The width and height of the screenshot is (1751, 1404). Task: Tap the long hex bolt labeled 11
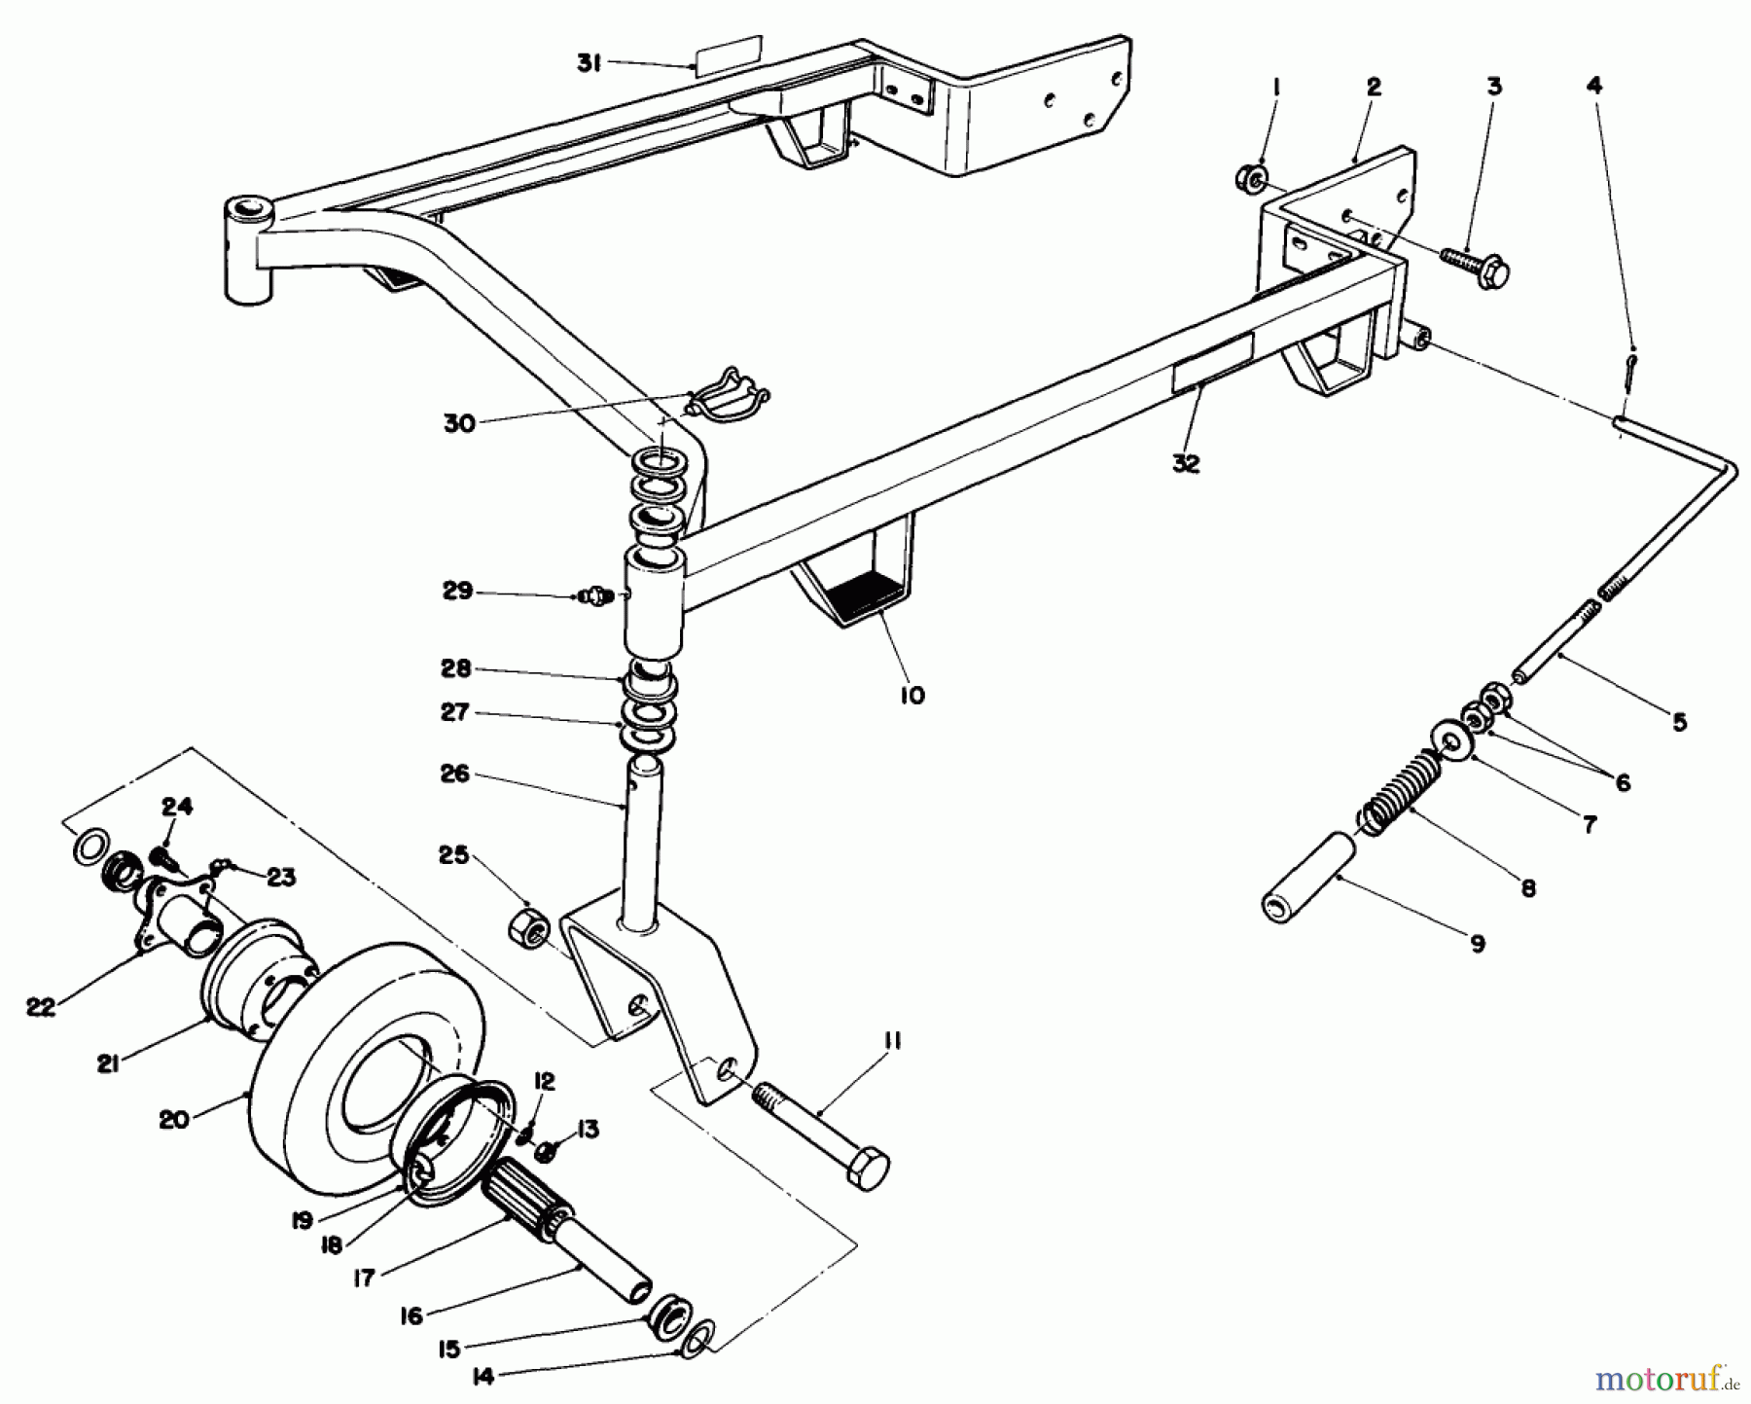[822, 1133]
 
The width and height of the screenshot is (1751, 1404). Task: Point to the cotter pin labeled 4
[1631, 370]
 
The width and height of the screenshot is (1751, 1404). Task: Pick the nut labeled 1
[1252, 178]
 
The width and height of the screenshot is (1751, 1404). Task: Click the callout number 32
[1186, 464]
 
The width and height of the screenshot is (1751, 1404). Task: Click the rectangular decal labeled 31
[726, 54]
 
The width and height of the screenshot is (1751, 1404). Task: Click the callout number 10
[911, 695]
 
